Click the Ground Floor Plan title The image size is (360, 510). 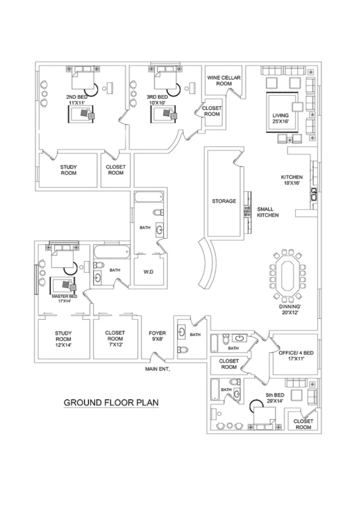pyautogui.click(x=111, y=402)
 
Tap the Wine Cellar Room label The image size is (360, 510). pyautogui.click(x=223, y=81)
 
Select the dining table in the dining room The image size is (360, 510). pyautogui.click(x=287, y=276)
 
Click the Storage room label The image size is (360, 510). pyautogui.click(x=224, y=201)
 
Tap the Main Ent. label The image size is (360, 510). pyautogui.click(x=158, y=370)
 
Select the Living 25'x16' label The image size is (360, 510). pyautogui.click(x=280, y=118)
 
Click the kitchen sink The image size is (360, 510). pyautogui.click(x=314, y=193)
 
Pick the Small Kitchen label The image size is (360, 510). pyautogui.click(x=268, y=212)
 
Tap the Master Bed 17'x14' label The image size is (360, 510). pyautogui.click(x=64, y=298)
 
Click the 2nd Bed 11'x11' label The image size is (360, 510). pyautogui.click(x=75, y=100)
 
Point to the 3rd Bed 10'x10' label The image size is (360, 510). pyautogui.click(x=157, y=100)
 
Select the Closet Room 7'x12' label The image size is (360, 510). pyautogui.click(x=115, y=338)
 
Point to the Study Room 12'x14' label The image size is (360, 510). pyautogui.click(x=64, y=338)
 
